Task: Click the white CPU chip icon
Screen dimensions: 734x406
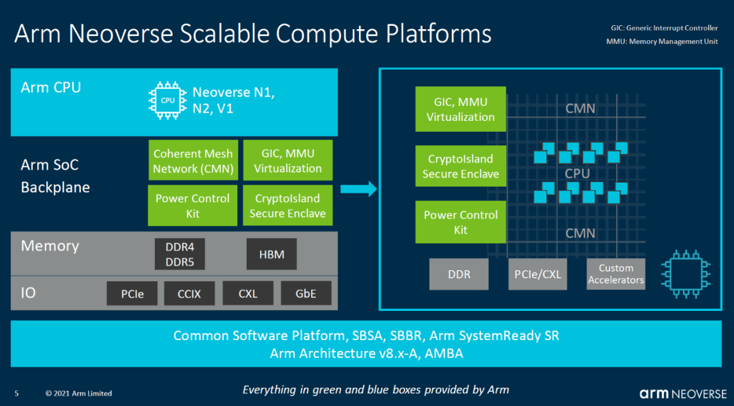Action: pyautogui.click(x=168, y=100)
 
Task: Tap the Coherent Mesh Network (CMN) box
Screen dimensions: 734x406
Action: pyautogui.click(x=193, y=160)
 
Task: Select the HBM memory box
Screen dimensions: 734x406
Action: pyautogui.click(x=271, y=254)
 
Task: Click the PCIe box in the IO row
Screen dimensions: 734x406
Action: pyautogui.click(x=132, y=293)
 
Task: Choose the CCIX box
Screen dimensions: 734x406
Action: pyautogui.click(x=190, y=293)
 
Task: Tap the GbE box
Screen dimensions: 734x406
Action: pyautogui.click(x=306, y=293)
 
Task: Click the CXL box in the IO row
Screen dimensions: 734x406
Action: pyautogui.click(x=248, y=293)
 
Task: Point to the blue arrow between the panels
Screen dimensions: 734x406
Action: pyautogui.click(x=359, y=189)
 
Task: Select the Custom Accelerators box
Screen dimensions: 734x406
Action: pyautogui.click(x=616, y=274)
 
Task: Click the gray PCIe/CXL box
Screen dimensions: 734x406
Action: pyautogui.click(x=538, y=274)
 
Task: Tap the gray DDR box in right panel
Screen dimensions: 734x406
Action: pyautogui.click(x=459, y=274)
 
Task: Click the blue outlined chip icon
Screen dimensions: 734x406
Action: pyautogui.click(x=686, y=274)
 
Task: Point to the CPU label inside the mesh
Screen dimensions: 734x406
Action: pyautogui.click(x=577, y=174)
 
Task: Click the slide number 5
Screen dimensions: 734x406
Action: pyautogui.click(x=17, y=393)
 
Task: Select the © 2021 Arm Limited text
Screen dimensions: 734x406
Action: pyautogui.click(x=79, y=393)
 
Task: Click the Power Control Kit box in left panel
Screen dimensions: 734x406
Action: pyautogui.click(x=193, y=205)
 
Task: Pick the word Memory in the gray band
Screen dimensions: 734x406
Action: pyautogui.click(x=50, y=246)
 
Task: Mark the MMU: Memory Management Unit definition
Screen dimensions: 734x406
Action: pyautogui.click(x=662, y=41)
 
